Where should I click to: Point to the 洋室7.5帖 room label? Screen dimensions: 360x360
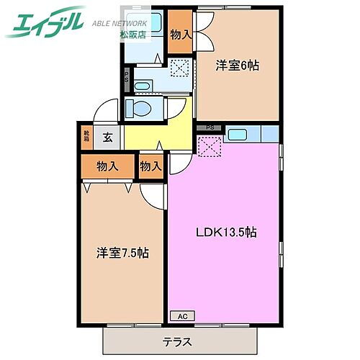(122, 253)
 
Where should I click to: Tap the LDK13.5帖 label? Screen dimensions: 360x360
(226, 232)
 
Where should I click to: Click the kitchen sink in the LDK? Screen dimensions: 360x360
(237, 134)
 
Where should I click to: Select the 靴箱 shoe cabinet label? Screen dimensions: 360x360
(86, 135)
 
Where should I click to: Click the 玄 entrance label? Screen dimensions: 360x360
(106, 135)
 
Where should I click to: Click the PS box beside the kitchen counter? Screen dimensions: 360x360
(210, 127)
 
